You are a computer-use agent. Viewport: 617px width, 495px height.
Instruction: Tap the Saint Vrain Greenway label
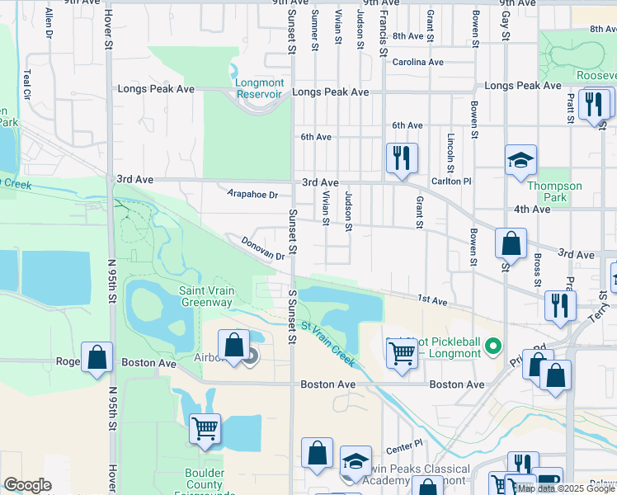pyautogui.click(x=206, y=296)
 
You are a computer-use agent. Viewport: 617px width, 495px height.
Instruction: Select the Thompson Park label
pyautogui.click(x=554, y=191)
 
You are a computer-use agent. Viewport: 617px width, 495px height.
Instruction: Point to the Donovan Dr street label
pyautogui.click(x=262, y=248)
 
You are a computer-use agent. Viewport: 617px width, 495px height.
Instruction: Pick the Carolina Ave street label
pyautogui.click(x=417, y=62)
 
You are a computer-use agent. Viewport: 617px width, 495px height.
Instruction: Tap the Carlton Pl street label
pyautogui.click(x=450, y=181)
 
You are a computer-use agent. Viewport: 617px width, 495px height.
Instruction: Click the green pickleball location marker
pyautogui.click(x=493, y=345)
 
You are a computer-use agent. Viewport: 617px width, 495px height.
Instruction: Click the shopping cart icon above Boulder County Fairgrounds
pyautogui.click(x=204, y=428)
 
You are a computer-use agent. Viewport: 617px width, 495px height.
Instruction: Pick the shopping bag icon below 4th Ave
pyautogui.click(x=511, y=244)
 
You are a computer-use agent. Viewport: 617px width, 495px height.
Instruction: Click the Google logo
pyautogui.click(x=27, y=486)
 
